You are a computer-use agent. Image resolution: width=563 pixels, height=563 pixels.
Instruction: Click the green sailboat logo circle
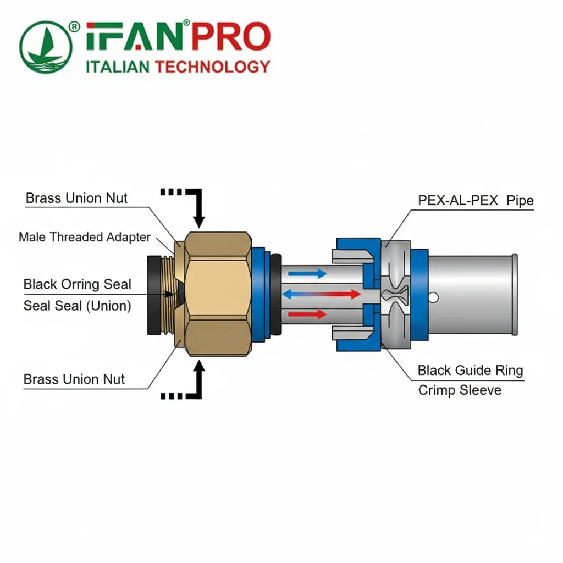click(46, 47)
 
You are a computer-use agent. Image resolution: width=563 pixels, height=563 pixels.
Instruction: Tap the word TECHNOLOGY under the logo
click(213, 67)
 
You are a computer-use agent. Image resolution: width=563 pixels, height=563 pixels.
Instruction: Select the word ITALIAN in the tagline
click(118, 67)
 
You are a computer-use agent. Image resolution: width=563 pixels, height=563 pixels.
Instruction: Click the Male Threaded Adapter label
click(85, 237)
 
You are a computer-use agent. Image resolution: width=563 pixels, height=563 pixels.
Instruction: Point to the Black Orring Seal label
click(77, 284)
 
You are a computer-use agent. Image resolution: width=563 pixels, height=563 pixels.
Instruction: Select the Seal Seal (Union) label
click(77, 305)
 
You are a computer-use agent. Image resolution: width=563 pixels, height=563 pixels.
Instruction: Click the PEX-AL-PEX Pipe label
click(476, 200)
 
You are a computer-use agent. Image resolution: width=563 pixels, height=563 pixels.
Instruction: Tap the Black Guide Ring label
click(470, 370)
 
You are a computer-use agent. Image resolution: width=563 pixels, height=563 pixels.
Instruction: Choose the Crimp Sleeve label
click(460, 390)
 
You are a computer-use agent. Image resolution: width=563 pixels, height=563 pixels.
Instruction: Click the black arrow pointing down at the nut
click(198, 214)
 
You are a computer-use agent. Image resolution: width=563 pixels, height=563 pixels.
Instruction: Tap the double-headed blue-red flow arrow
click(322, 295)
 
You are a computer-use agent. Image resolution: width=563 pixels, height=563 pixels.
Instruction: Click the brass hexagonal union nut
click(218, 294)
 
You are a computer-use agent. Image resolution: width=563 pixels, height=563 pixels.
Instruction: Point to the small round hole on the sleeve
click(434, 298)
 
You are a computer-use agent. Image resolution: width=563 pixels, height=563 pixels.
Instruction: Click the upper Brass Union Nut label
click(76, 198)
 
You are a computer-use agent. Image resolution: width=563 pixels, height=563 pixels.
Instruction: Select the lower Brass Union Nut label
click(74, 379)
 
